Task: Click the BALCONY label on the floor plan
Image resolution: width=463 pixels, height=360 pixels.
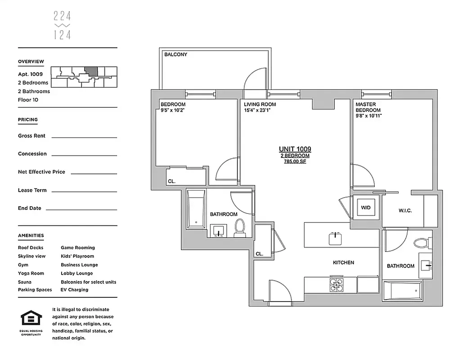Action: point(175,54)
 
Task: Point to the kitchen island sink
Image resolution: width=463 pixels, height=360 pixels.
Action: point(335,238)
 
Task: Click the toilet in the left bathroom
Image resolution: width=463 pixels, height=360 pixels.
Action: point(239,228)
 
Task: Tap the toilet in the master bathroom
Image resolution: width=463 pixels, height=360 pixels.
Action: point(420,243)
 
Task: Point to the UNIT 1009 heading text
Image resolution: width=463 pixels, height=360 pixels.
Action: point(295,149)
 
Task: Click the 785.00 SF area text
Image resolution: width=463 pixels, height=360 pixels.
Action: point(295,162)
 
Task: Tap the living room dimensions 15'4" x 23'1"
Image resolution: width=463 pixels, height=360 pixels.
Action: point(260,110)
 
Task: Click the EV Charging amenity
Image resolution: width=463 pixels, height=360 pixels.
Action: point(74,290)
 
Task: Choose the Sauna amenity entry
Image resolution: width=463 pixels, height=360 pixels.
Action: point(25,282)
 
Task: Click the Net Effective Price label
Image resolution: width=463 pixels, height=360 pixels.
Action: point(41,172)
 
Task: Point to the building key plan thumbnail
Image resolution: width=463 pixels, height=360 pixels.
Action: point(84,77)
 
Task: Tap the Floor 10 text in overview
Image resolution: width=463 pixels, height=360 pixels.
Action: point(28,100)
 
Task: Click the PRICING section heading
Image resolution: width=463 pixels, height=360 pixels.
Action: point(27,120)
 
